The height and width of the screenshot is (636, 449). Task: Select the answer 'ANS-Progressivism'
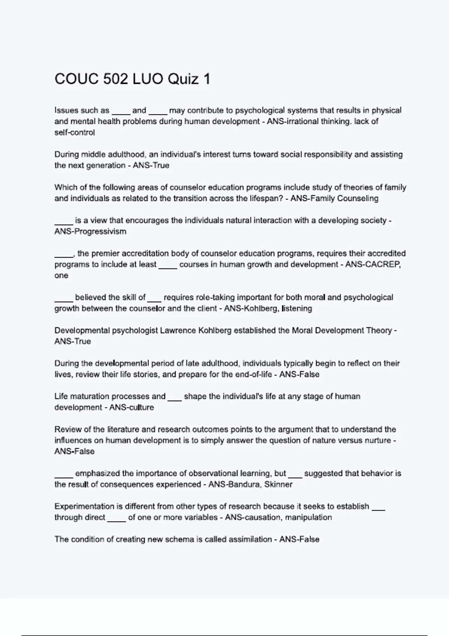point(90,232)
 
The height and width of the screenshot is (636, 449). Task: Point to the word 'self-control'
point(74,132)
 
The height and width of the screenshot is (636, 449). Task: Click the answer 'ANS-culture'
point(131,407)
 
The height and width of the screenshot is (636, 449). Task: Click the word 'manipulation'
point(308,517)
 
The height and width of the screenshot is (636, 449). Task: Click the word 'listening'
point(297,309)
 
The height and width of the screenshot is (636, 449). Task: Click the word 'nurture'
point(378,441)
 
